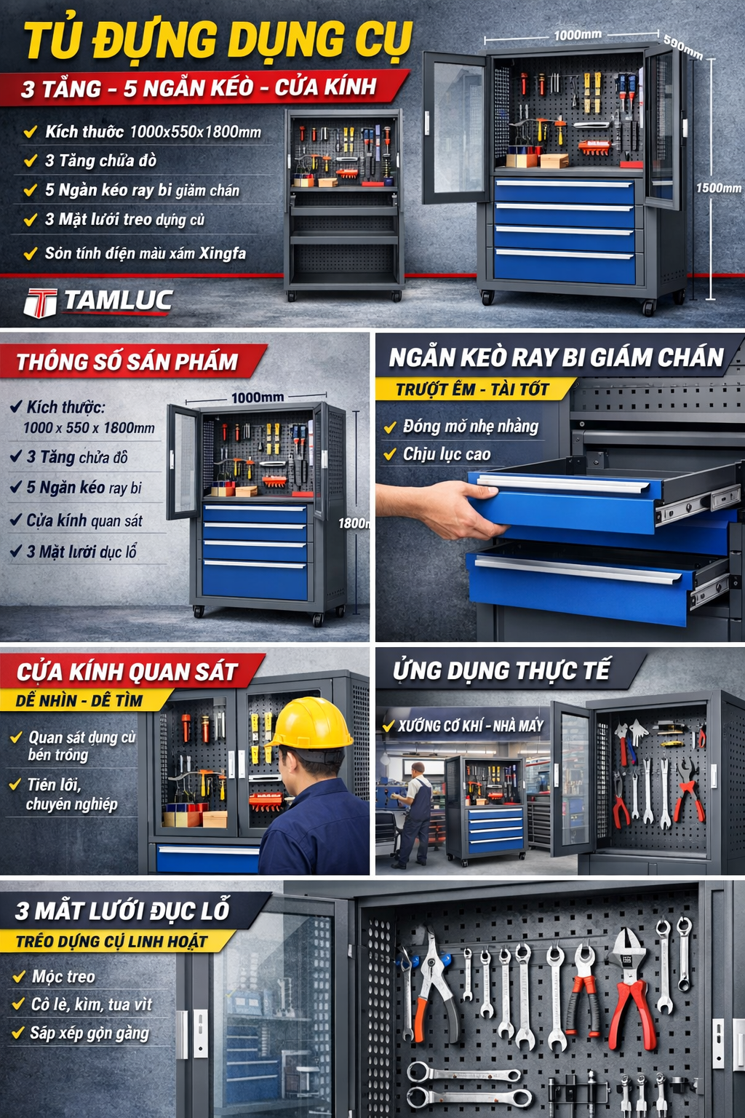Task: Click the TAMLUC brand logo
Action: [x=98, y=301]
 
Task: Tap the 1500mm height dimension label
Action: [x=718, y=188]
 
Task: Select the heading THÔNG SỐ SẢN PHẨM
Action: [x=127, y=362]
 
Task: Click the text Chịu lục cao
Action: [x=447, y=454]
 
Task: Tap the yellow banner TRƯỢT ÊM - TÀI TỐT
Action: [x=472, y=389]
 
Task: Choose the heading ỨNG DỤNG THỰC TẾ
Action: [x=501, y=670]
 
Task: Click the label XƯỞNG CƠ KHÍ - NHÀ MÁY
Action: [x=470, y=726]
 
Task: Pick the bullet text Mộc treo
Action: [x=63, y=976]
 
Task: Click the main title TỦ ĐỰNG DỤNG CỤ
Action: [x=218, y=40]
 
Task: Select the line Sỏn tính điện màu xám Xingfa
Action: [x=145, y=253]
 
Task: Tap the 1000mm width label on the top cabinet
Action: [x=578, y=34]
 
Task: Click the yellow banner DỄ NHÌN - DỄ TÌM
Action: [x=79, y=700]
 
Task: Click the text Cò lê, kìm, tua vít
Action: [x=92, y=1004]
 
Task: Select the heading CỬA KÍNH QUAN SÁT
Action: [x=127, y=671]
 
